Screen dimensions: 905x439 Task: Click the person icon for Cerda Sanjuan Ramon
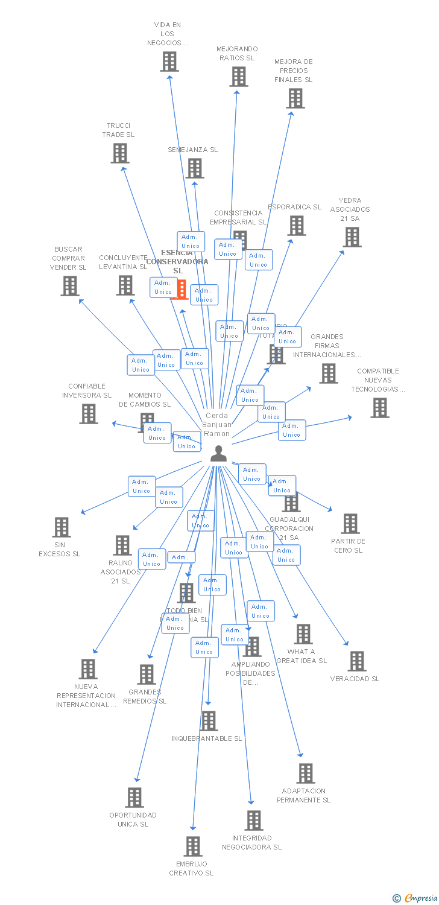(218, 454)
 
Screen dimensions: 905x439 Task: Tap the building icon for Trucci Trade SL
(120, 153)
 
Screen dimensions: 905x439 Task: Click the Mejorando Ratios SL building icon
(239, 77)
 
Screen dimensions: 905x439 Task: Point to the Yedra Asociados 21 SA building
(352, 237)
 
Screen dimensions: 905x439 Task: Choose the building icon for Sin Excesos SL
(62, 527)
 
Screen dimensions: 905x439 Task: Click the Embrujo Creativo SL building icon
(193, 846)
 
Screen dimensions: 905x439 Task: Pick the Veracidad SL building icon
(356, 661)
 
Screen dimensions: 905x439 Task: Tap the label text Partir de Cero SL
(348, 546)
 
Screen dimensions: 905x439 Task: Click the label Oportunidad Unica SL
(133, 819)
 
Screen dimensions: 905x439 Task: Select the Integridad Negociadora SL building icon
(254, 821)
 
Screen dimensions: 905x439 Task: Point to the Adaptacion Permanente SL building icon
(306, 773)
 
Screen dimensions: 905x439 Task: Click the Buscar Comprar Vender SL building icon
(70, 286)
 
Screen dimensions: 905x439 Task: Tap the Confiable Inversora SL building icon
(89, 413)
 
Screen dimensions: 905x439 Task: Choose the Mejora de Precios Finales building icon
(295, 98)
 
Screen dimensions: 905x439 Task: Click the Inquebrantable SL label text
(207, 738)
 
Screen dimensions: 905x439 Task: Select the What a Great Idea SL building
(303, 634)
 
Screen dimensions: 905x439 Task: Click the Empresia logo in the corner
(415, 898)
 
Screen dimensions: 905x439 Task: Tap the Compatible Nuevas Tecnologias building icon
(380, 408)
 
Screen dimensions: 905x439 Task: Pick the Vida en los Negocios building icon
(169, 62)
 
